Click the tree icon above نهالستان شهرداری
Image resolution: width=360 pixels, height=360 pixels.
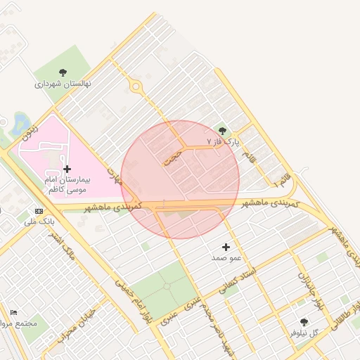[63, 72]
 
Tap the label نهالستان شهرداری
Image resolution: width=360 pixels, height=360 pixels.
[63, 84]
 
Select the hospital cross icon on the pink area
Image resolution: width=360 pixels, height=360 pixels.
[67, 169]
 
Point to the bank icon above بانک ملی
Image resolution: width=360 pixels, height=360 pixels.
[39, 211]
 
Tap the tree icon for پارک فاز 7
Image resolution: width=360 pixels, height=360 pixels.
[223, 131]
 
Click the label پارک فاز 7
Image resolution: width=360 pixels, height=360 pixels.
[223, 142]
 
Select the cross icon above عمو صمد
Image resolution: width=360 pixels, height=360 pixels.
[226, 247]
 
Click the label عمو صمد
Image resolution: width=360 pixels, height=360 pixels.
[226, 258]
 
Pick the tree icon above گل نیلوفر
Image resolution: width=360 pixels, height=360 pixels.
[304, 321]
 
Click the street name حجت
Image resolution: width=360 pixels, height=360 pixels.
[173, 156]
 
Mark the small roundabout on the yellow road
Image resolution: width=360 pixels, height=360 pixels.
[136, 87]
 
